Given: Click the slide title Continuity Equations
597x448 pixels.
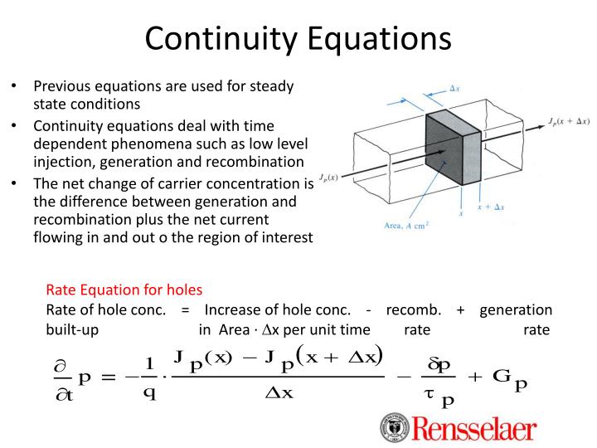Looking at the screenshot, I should (x=298, y=38).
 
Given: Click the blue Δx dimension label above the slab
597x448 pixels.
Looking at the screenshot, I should (x=455, y=88).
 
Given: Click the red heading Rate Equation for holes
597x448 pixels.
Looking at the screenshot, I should (x=124, y=290).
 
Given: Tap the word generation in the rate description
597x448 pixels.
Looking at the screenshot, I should (x=516, y=309).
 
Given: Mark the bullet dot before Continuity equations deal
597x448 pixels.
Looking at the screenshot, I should (x=15, y=125).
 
